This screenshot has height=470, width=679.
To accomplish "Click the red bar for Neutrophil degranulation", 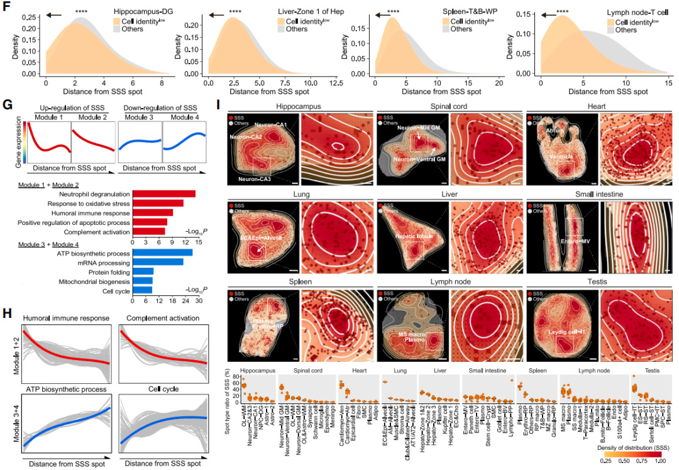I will tap(164, 193).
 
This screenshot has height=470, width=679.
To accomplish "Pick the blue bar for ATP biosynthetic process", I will tap(162, 252).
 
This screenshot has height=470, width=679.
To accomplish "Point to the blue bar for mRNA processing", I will tap(158, 261).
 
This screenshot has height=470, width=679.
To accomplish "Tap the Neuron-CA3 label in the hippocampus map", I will tap(253, 180).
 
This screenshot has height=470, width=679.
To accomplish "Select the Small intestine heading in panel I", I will tap(599, 195).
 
